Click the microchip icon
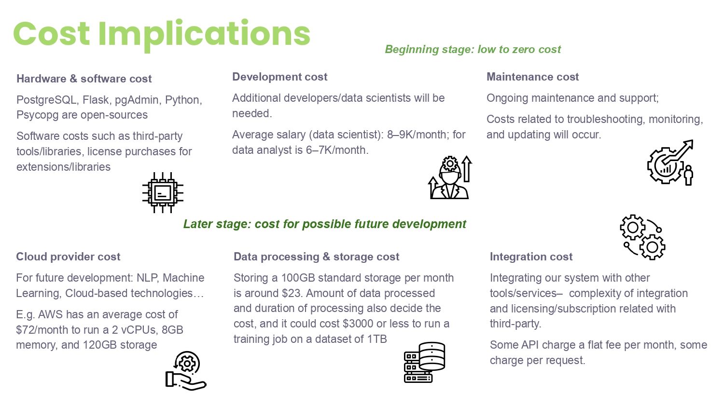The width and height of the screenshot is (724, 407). click(163, 192)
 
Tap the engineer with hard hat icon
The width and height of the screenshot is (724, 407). click(450, 177)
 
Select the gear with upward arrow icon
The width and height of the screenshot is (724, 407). click(670, 163)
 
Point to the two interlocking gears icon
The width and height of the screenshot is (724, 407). click(642, 237)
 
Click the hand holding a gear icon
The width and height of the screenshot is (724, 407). click(186, 371)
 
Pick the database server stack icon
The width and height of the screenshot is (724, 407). click(424, 363)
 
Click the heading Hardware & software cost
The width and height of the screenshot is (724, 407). click(84, 79)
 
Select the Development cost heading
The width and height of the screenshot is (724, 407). click(279, 77)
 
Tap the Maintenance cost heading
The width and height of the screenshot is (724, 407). click(533, 77)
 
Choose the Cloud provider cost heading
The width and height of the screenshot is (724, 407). click(68, 257)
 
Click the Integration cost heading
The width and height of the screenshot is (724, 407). click(531, 257)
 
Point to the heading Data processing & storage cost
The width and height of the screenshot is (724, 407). click(317, 257)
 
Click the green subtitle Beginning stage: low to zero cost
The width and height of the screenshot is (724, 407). click(473, 49)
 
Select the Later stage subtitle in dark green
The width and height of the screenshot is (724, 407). click(324, 224)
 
